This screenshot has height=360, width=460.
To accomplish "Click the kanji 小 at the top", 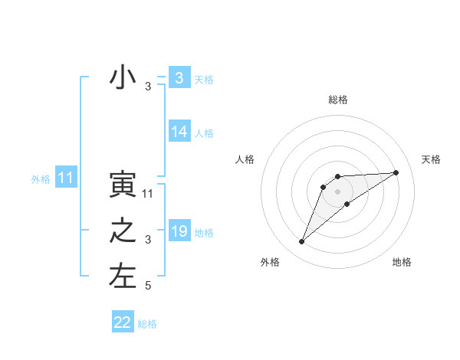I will pos(123,78).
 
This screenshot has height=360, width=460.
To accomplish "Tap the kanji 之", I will pos(123,231).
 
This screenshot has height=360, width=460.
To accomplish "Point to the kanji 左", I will pos(123,277).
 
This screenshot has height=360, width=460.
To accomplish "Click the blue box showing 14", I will pos(179,132).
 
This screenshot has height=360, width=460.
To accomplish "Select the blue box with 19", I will pos(179,231).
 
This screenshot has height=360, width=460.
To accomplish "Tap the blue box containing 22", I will pos(123,322).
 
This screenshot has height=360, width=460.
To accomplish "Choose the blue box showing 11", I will pos(66,178).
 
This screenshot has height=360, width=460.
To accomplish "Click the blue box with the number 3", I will pos(179,78).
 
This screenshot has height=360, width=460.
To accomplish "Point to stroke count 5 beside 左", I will pos(148,286).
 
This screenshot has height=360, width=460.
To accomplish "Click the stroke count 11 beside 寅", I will pos(148,194).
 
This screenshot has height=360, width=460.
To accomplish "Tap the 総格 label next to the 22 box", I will pos(147,324).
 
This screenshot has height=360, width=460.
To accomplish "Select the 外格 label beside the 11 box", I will pos(41,179).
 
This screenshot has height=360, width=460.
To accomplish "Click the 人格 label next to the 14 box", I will pos(204,133).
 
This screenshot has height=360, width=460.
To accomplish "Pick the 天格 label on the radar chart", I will pos(432,159).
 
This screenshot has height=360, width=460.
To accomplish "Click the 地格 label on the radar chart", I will pos(402,262).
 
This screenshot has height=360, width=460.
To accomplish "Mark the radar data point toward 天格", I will pos(396,172).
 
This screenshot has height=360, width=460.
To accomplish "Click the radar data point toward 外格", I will pos(301,242).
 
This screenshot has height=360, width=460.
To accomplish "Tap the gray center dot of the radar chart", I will pos(337,191).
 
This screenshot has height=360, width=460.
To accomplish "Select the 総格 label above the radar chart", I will pos(337,100).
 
